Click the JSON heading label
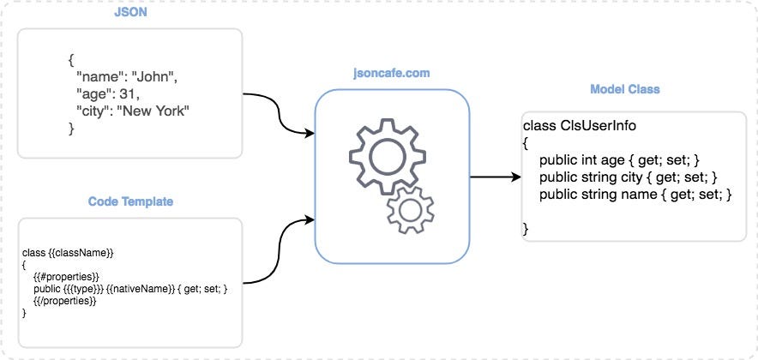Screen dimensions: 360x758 129,14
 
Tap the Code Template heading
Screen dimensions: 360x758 129,201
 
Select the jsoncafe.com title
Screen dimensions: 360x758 392,75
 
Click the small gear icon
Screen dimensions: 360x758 410,209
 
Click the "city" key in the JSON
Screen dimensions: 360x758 94,111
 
